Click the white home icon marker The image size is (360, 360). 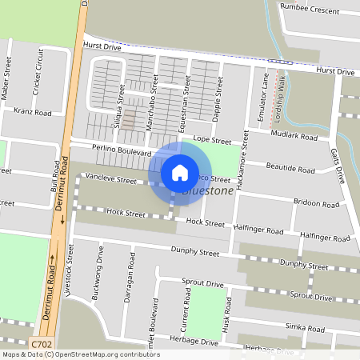180,172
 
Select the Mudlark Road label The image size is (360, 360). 295,136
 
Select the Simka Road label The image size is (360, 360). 307,328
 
